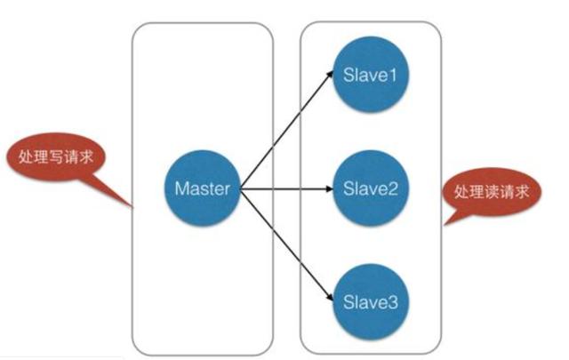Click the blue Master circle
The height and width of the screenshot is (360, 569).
tap(203, 188)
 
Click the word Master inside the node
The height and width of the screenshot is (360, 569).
tap(203, 188)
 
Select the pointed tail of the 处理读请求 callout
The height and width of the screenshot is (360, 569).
tap(447, 221)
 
